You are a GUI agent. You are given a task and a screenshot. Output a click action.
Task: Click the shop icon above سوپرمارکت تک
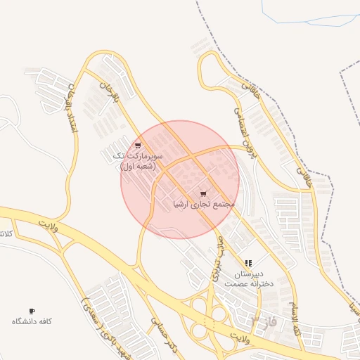137,146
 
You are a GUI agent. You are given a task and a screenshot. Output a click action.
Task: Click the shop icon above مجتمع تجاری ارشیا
203,193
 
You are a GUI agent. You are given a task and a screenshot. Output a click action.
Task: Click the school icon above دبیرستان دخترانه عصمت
248,263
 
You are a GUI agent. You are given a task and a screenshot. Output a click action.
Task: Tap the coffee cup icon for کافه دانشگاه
32,311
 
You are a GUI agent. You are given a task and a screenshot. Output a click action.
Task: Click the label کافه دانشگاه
32,321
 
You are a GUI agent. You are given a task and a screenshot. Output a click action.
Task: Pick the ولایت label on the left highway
47,226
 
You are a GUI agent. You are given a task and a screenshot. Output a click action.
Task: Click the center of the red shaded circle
180,179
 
